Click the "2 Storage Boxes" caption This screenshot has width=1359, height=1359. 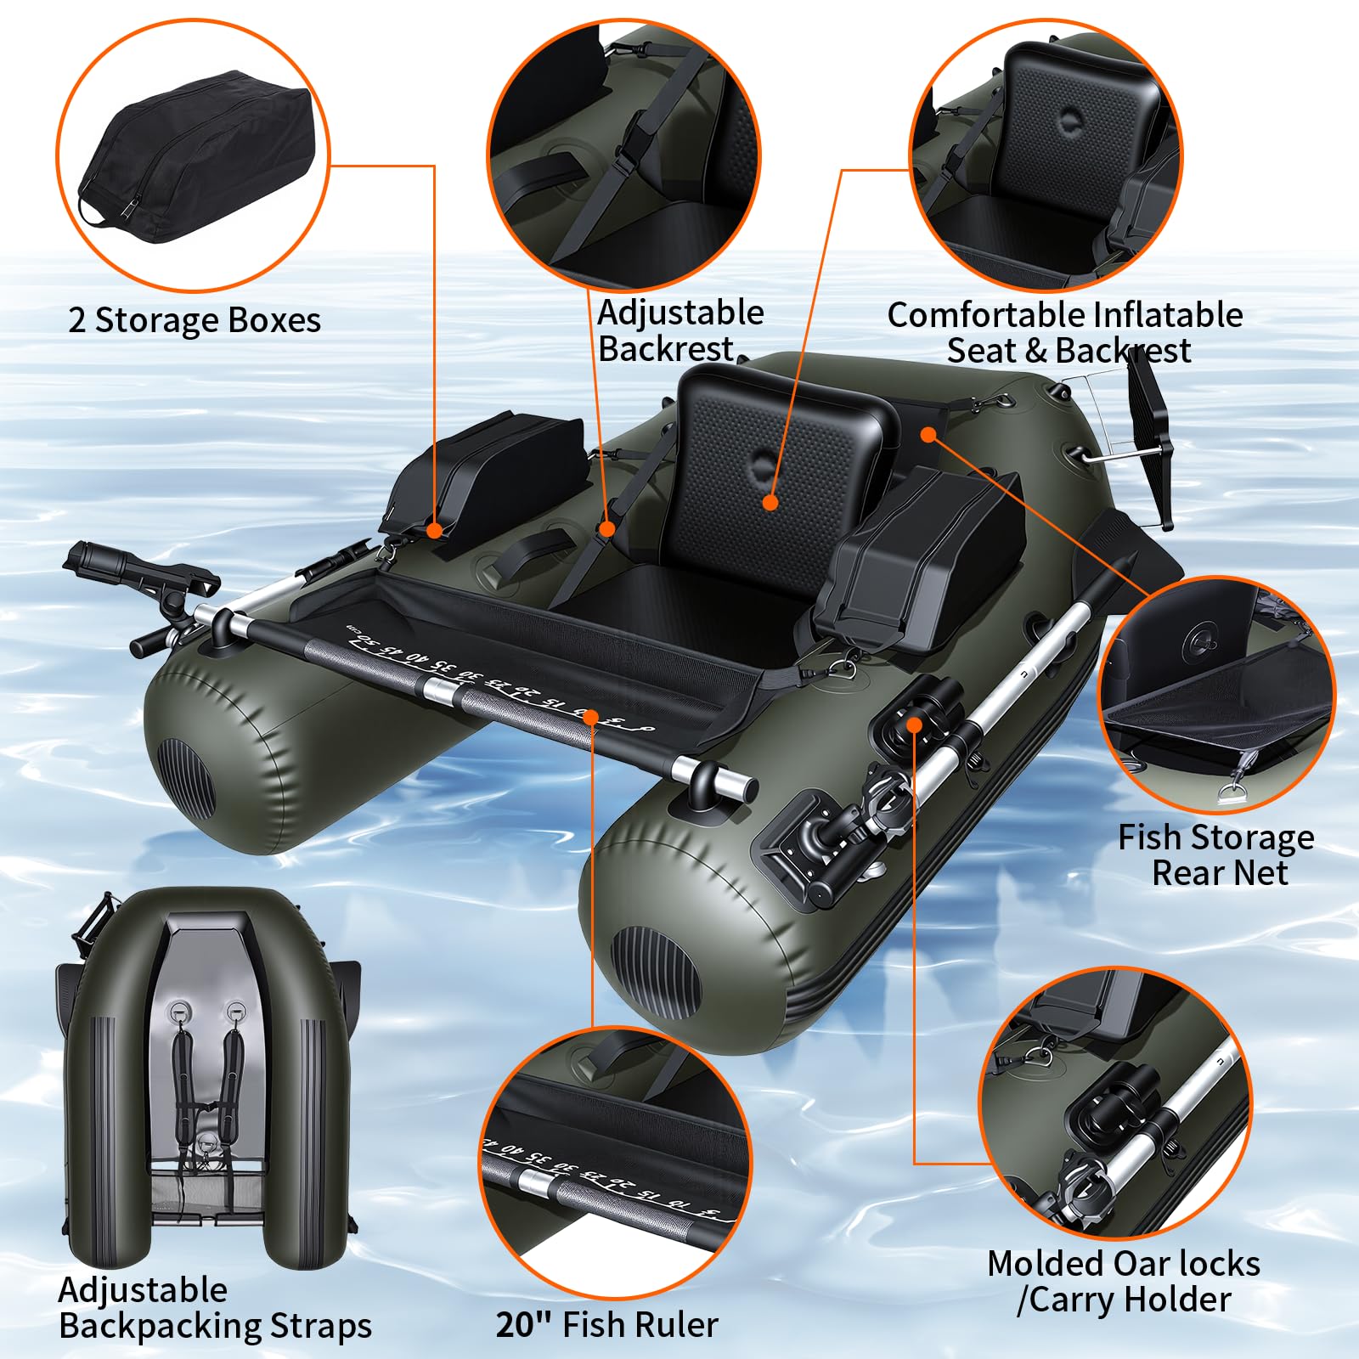pos(195,321)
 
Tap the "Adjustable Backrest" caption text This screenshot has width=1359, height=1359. pos(680,330)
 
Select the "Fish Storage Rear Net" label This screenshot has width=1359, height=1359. pos(1216,854)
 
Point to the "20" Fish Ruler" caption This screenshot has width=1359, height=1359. pos(606,1324)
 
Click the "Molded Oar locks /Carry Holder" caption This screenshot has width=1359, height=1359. pos(1124,1282)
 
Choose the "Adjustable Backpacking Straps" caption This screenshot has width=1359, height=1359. pos(215,1308)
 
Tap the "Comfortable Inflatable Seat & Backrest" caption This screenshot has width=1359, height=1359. pos(1065,332)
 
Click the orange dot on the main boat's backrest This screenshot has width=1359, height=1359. pos(770,502)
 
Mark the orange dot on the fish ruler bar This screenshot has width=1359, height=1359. pos(591,719)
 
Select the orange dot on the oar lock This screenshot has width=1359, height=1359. pos(914,724)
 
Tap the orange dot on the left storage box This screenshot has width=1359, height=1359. pos(435,531)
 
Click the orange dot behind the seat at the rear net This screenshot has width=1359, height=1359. pos(928,434)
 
